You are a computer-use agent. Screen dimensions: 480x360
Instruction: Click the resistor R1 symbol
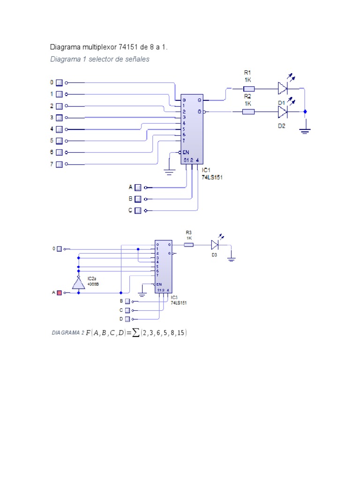248,88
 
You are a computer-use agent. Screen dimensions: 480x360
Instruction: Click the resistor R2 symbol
248,112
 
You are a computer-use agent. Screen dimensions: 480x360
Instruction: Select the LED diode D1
282,88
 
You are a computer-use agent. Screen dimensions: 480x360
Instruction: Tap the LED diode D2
282,112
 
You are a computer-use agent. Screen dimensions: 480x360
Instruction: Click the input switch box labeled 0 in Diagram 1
60,83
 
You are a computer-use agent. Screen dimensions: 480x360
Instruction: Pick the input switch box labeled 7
60,164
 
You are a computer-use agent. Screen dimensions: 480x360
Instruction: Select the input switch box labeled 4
60,129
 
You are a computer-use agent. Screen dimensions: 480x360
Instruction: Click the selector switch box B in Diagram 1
138,199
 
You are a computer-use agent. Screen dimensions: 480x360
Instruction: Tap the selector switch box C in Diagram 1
138,210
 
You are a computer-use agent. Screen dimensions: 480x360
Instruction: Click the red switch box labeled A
60,292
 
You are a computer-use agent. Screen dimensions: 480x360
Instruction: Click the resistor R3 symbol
189,244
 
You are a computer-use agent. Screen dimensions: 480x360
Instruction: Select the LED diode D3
215,244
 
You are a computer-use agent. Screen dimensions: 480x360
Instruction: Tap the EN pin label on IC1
186,152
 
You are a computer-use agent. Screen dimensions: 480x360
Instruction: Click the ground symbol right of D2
305,131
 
